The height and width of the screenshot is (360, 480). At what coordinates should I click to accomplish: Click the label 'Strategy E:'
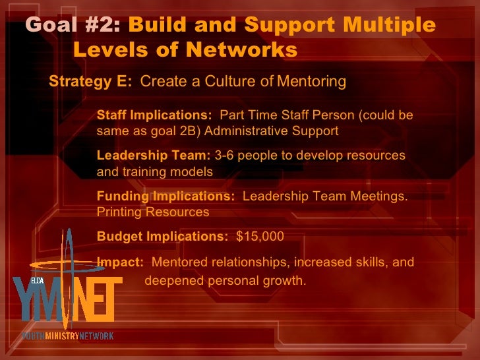tap(91, 82)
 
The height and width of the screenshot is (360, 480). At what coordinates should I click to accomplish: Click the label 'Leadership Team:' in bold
tap(154, 156)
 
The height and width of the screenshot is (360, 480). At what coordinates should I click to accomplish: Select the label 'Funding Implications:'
tap(165, 196)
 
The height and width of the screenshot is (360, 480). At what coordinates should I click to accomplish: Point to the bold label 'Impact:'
tap(120, 262)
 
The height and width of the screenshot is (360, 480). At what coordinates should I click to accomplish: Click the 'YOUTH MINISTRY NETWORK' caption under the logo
tap(67, 336)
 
